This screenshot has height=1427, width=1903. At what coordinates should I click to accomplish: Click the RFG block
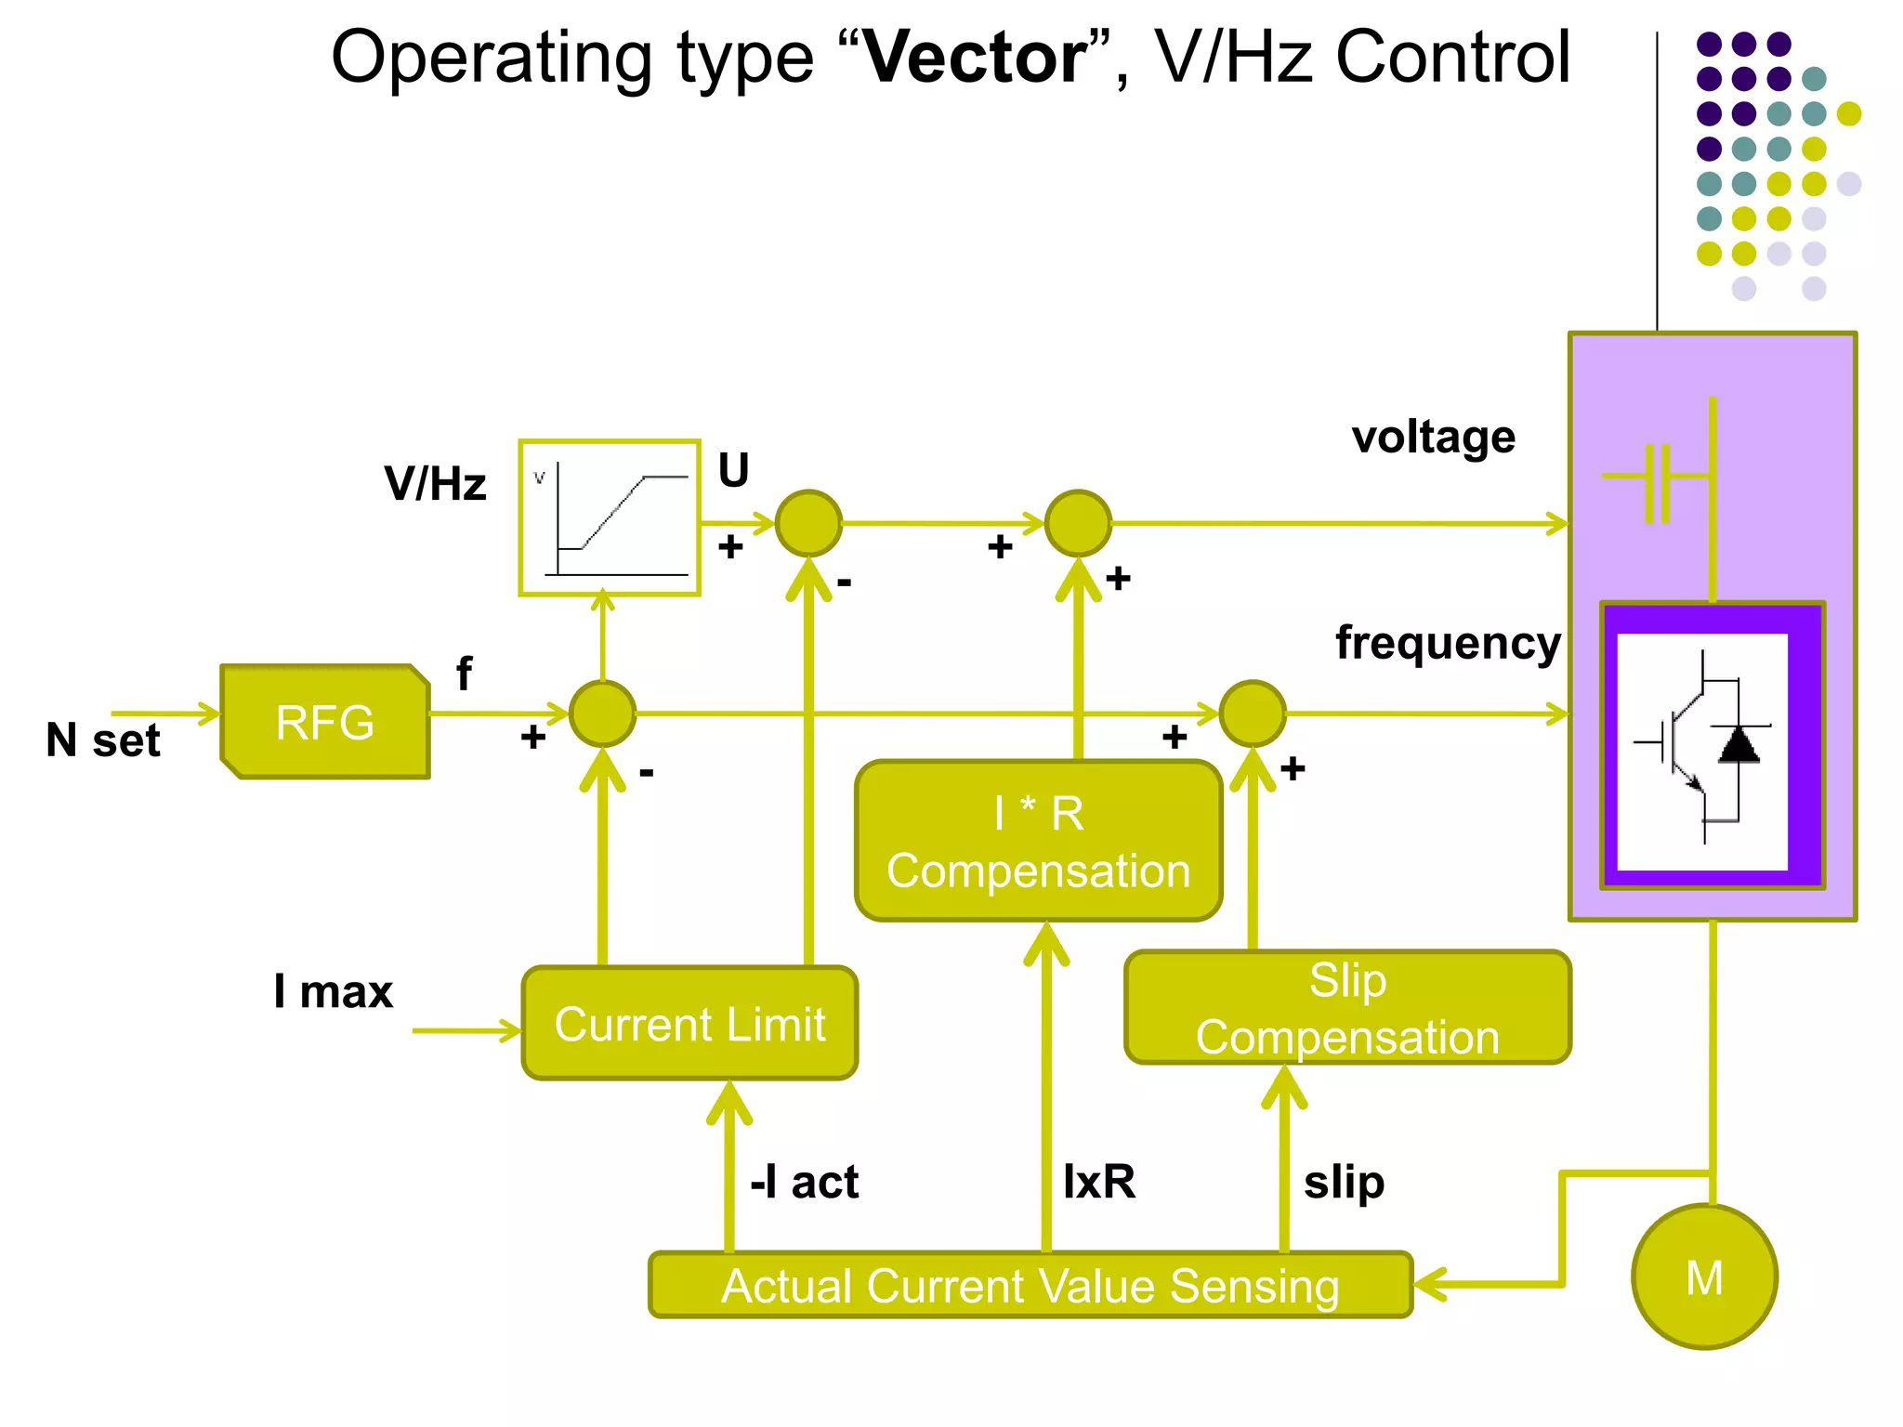pyautogui.click(x=325, y=722)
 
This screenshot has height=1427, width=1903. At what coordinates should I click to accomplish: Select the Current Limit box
pyautogui.click(x=689, y=1023)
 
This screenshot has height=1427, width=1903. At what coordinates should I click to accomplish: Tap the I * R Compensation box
pyautogui.click(x=1038, y=842)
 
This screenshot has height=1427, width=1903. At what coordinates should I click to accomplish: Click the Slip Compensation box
pyautogui.click(x=1347, y=1008)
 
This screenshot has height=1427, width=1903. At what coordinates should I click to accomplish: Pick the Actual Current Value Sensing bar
pyautogui.click(x=1030, y=1286)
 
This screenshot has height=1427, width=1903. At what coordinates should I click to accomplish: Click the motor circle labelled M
pyautogui.click(x=1704, y=1277)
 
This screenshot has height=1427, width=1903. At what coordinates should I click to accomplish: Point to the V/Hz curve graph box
pyautogui.click(x=610, y=517)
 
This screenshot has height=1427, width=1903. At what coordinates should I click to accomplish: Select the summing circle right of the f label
pyautogui.click(x=603, y=713)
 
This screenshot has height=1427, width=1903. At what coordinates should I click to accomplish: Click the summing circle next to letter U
pyautogui.click(x=808, y=523)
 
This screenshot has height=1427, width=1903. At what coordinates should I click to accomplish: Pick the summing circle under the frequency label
pyautogui.click(x=1253, y=713)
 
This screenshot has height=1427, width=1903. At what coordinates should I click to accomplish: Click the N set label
pyautogui.click(x=103, y=740)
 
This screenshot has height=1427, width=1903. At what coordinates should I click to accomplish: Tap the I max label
pyautogui.click(x=333, y=991)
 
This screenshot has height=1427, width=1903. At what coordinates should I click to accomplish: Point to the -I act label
pyautogui.click(x=805, y=1182)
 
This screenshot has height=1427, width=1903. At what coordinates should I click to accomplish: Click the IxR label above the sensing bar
pyautogui.click(x=1099, y=1182)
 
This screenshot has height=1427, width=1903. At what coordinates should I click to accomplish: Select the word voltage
pyautogui.click(x=1434, y=437)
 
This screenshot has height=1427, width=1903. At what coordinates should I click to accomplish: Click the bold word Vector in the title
pyautogui.click(x=975, y=58)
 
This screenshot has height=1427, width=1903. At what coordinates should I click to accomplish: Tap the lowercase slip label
pyautogui.click(x=1344, y=1183)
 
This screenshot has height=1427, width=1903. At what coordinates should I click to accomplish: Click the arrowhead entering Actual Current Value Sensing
pyautogui.click(x=1431, y=1286)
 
